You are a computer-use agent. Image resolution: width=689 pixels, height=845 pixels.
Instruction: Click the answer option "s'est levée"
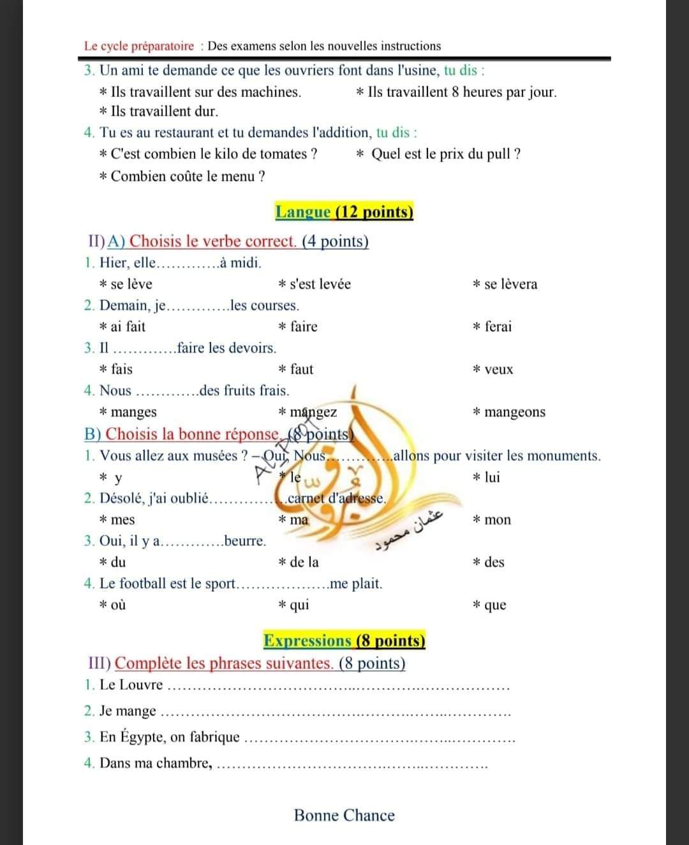coord(320,284)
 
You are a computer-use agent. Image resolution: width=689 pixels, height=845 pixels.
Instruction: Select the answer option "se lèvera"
coord(510,284)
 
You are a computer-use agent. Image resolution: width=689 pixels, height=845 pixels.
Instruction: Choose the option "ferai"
coord(498,327)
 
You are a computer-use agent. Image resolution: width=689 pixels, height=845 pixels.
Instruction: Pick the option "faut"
coord(301,369)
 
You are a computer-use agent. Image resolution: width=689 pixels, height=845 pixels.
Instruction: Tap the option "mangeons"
coord(514,412)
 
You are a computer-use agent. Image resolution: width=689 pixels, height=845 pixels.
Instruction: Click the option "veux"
coord(498,370)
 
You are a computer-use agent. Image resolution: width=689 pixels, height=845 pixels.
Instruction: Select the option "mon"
coord(498,520)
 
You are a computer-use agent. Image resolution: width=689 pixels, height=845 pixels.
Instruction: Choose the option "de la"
coord(304,562)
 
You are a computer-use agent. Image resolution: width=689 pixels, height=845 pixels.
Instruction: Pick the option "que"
coord(495,605)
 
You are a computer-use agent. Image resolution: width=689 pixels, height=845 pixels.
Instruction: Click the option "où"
coord(118,605)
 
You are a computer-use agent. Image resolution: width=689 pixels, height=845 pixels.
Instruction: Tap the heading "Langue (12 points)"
coord(344,212)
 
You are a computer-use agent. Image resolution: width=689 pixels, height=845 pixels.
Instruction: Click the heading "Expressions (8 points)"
coord(344,641)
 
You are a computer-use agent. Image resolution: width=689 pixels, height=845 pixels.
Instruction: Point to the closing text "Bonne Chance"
coord(344,815)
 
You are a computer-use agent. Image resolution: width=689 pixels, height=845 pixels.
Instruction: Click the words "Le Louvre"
coord(131,685)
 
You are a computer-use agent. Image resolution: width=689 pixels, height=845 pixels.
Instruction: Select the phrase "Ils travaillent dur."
coord(164,111)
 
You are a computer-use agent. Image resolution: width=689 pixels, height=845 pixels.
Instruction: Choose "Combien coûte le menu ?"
coord(188,176)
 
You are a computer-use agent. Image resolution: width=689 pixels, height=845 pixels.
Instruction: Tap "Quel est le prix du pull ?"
coord(445,154)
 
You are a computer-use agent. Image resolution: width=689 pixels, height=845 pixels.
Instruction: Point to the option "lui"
coord(492,477)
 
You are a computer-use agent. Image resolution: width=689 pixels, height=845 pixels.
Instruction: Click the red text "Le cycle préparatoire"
coord(139,46)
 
